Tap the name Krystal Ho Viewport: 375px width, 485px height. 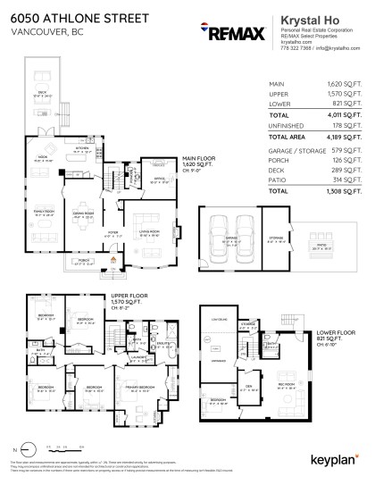[x=306, y=17]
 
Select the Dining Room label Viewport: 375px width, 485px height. [x=86, y=214]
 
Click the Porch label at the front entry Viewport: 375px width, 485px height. [x=86, y=263]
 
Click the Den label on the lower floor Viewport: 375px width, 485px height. [x=251, y=385]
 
